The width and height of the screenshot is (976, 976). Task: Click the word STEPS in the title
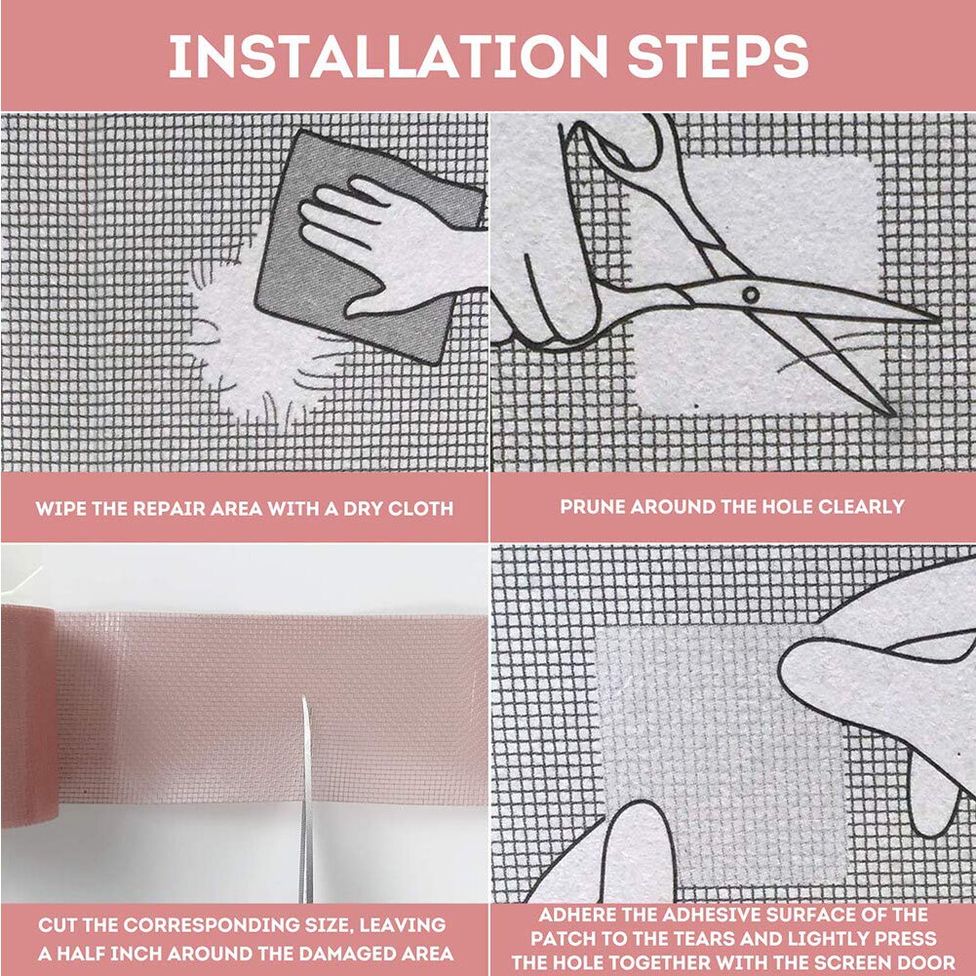[718, 58]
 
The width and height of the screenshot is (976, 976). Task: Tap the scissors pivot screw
[749, 293]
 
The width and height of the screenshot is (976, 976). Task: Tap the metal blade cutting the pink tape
[306, 800]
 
